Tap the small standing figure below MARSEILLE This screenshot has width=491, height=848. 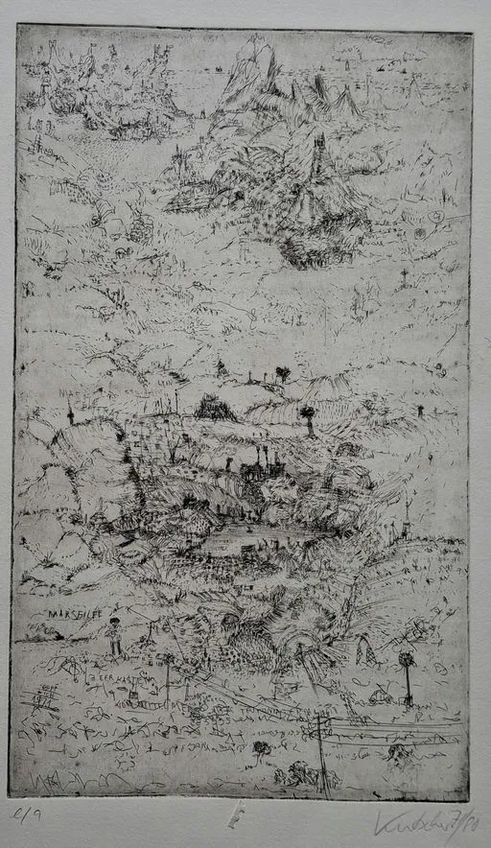114,637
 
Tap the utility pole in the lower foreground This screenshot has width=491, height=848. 319,748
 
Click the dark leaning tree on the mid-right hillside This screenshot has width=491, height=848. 308,417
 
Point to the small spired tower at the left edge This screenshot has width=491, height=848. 70,414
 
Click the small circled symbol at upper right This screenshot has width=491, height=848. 437,218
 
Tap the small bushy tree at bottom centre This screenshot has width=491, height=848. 260,749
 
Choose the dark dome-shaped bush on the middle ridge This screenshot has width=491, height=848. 215,409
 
